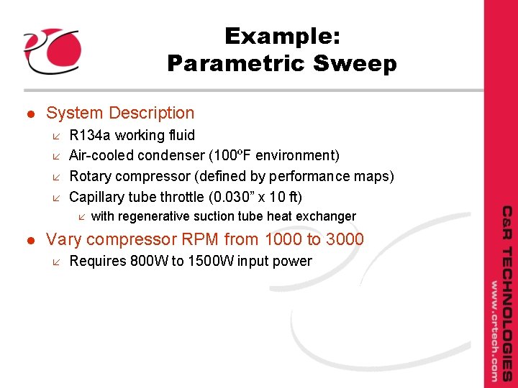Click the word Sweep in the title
coord(355,64)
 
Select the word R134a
coord(90,135)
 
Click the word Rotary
coord(89,176)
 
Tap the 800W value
coord(149,261)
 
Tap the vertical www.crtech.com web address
coord(494,330)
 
